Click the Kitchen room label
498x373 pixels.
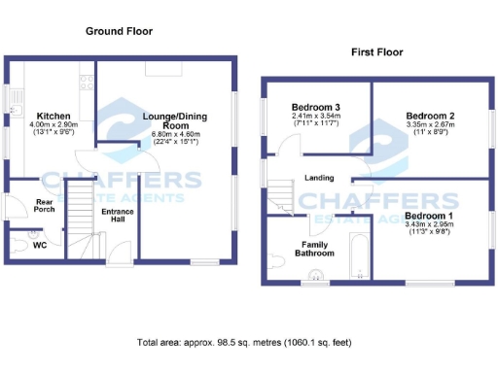pos(47,115)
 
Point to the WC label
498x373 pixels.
pos(40,245)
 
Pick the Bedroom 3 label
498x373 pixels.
pos(315,106)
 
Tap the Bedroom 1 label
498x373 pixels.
pos(428,215)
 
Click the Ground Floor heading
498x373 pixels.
pos(121,32)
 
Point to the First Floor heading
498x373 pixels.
pos(376,49)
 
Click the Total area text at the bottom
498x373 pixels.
pos(244,343)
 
